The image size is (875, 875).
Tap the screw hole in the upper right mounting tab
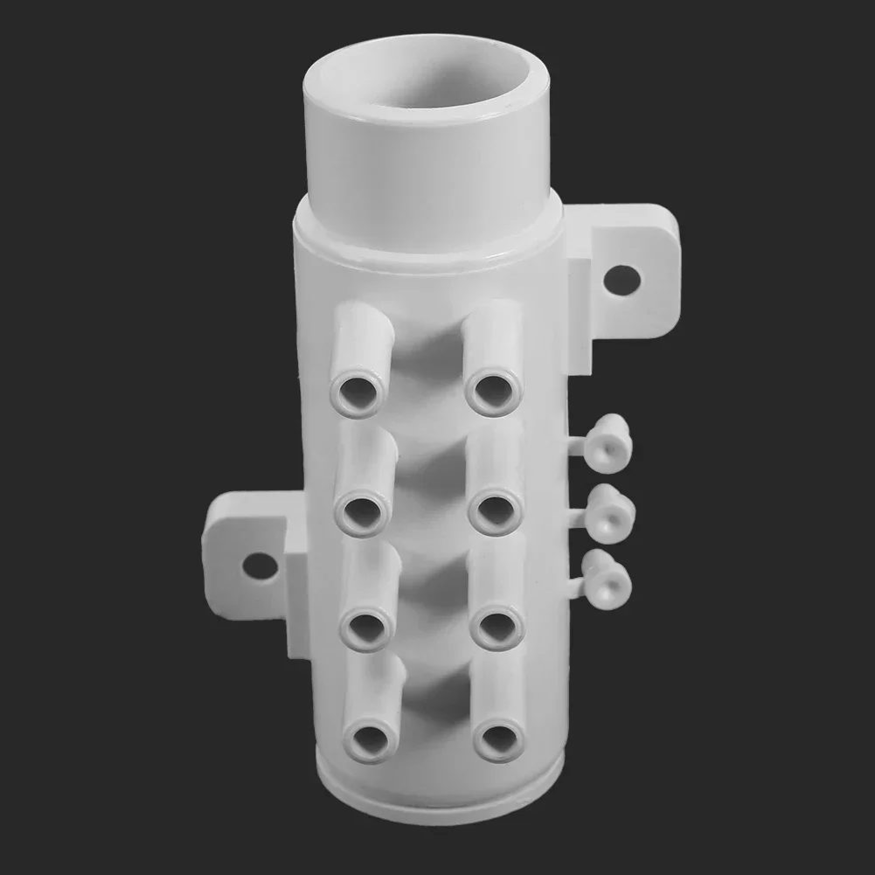click(622, 280)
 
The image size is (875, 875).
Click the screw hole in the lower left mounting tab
click(260, 566)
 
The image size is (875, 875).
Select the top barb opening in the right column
click(493, 391)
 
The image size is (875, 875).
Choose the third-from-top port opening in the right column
click(497, 626)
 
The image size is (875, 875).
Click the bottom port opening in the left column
click(371, 740)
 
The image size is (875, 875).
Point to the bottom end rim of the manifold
click(437, 800)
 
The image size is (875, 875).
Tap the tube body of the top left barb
click(362, 337)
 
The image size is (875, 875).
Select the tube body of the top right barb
click(492, 337)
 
